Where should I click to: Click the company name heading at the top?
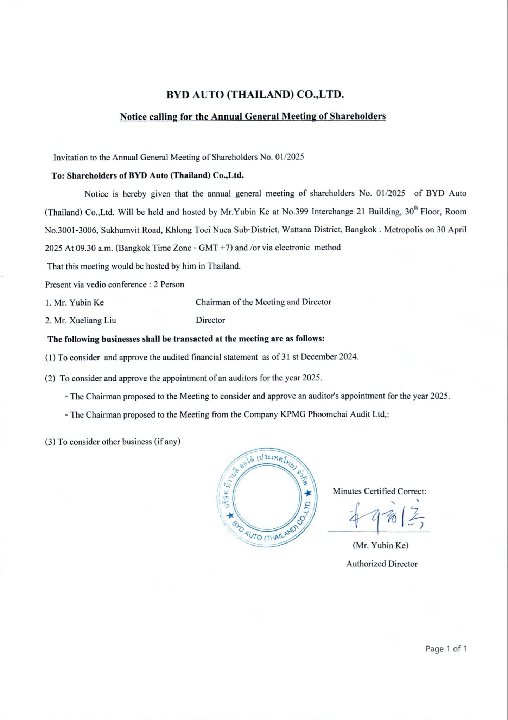tap(255, 95)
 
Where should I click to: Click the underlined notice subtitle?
tap(253, 116)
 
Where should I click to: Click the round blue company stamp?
tap(267, 501)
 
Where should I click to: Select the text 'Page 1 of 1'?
tap(446, 649)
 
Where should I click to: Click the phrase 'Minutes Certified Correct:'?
tap(379, 491)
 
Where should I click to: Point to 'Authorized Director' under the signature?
tap(382, 564)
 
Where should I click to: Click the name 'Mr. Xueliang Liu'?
tap(81, 320)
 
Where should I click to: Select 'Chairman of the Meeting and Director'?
tap(263, 302)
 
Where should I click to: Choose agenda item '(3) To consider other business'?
tap(112, 442)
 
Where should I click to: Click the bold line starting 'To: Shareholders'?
tap(147, 175)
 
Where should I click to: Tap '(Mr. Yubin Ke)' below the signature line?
tap(380, 545)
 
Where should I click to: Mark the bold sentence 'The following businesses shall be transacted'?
tap(186, 339)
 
